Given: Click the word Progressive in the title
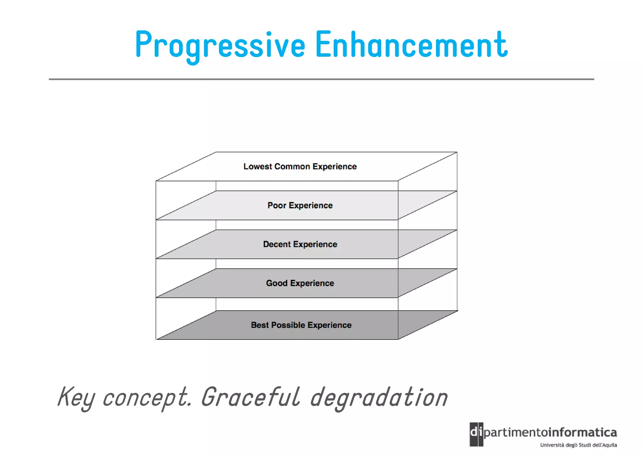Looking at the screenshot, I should (220, 45).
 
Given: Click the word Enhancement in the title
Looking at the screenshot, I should (411, 45).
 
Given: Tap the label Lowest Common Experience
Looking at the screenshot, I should (300, 167).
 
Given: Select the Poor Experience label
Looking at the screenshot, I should (300, 206).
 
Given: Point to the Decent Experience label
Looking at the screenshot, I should (300, 244).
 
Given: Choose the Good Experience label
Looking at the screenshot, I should (300, 283).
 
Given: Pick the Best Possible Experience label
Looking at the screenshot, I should (301, 325).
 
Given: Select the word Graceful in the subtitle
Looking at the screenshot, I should (251, 398).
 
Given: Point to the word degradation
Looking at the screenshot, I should (379, 398).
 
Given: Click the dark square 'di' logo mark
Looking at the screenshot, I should (476, 434).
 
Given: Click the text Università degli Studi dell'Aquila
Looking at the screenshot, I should (578, 445).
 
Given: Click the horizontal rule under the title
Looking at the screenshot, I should (321, 79).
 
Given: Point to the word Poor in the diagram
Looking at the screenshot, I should (277, 206).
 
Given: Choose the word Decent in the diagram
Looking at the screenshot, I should (277, 244).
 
